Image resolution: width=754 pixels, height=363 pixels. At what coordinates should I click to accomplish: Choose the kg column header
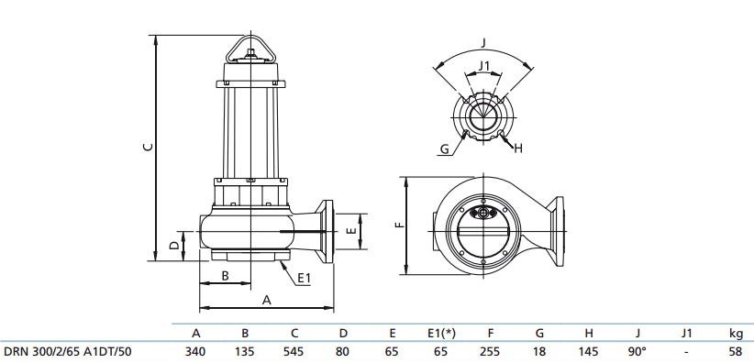tap(735, 333)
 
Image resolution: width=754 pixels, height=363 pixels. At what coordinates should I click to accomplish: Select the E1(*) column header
tap(441, 333)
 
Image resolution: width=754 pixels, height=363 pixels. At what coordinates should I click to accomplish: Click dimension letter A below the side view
tap(267, 299)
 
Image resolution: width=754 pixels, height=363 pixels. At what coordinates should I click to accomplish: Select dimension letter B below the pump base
tap(225, 276)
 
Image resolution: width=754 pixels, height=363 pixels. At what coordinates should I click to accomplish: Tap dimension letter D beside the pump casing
tap(173, 246)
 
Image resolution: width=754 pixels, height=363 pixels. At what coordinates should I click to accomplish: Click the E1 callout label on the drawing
tap(305, 278)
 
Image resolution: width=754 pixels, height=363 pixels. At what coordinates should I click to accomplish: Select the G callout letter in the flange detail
tap(444, 148)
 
